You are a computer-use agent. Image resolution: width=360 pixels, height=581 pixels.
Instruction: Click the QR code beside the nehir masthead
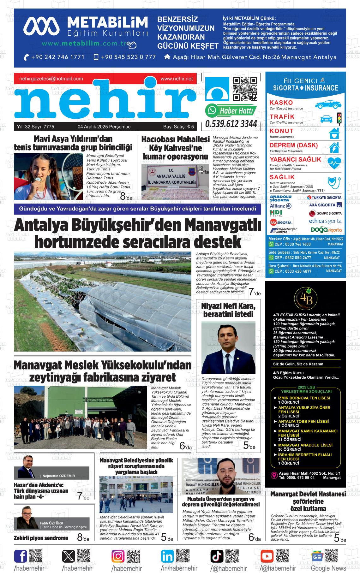[x=244, y=89]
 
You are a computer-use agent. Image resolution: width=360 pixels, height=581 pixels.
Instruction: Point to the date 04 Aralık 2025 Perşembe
[x=104, y=127]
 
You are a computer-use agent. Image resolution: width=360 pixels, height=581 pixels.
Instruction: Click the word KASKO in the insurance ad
[x=281, y=103]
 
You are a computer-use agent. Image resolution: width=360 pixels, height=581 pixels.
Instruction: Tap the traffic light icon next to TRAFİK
[x=339, y=118]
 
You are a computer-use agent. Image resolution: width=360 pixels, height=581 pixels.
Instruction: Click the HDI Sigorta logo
[x=276, y=213]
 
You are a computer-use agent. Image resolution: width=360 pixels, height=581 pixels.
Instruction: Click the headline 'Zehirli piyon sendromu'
[x=41, y=538]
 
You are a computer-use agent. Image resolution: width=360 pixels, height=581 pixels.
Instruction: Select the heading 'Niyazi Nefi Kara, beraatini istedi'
[x=228, y=310]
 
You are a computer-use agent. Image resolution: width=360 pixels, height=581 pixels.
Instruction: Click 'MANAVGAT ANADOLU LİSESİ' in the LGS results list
[x=305, y=445]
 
